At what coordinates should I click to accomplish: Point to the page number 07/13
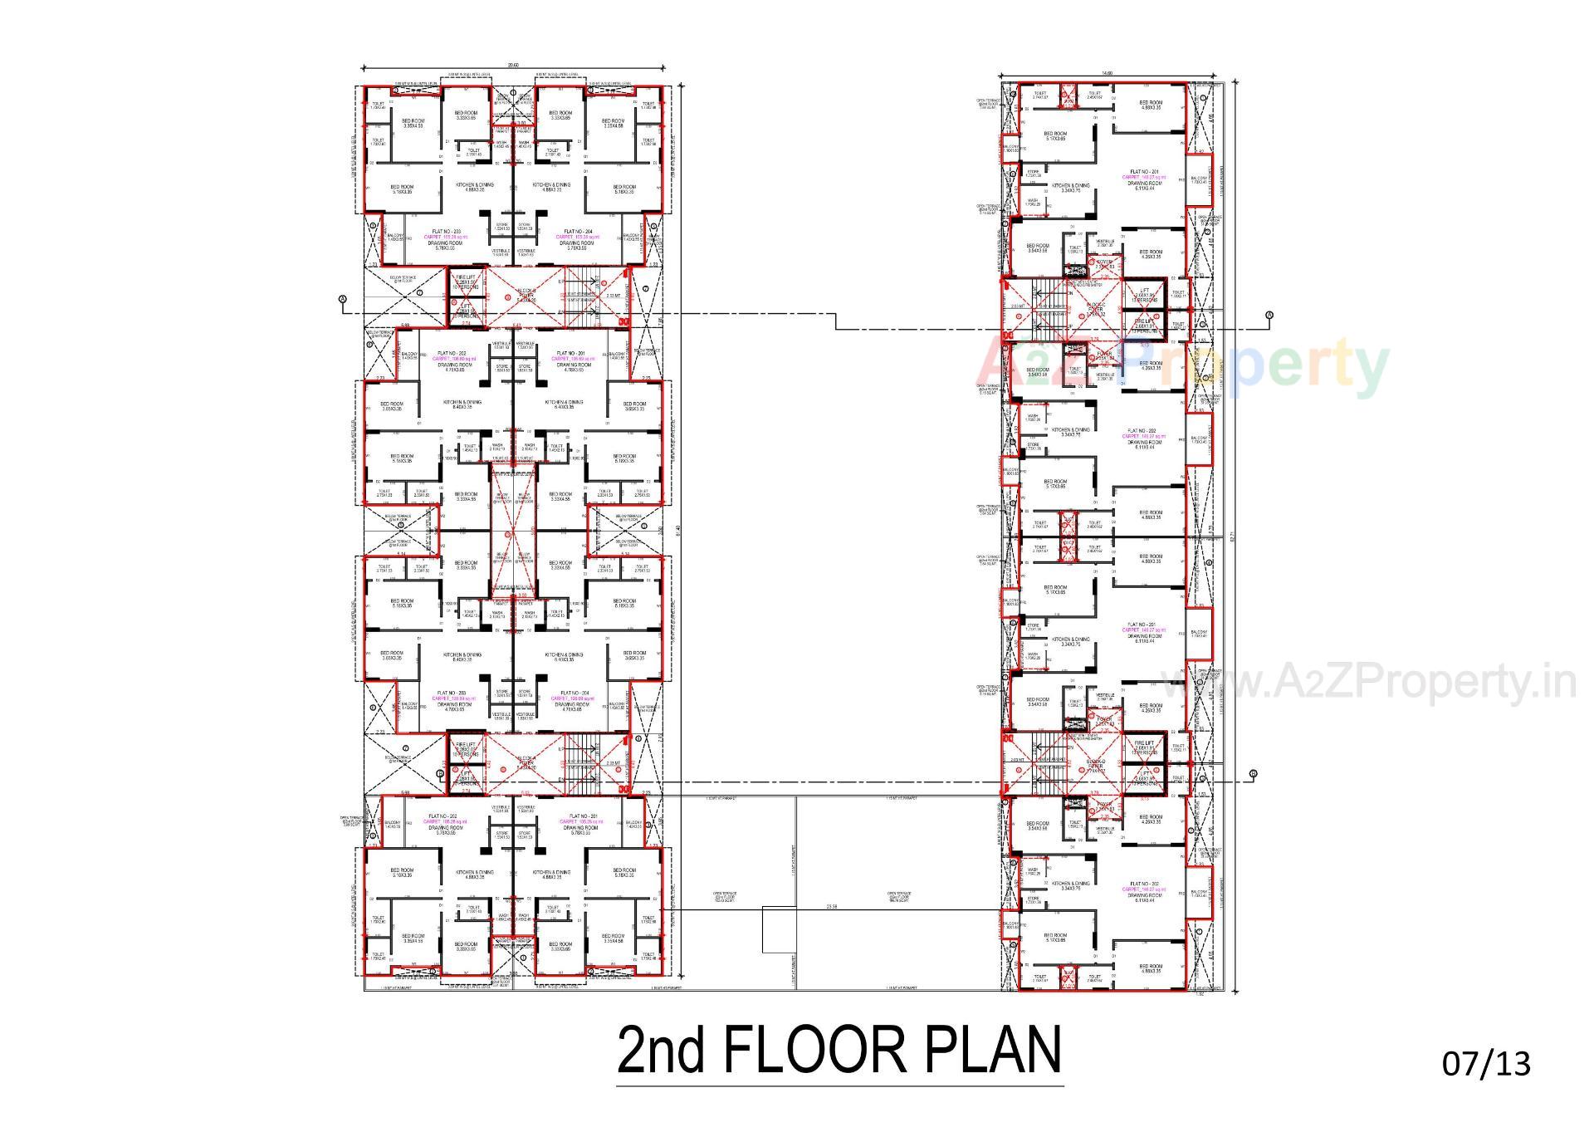click(1486, 1064)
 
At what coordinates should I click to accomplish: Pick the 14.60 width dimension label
click(1106, 74)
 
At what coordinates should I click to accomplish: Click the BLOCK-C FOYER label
click(1096, 309)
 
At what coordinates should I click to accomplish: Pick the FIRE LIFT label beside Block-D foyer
click(1144, 744)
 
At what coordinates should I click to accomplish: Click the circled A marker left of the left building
click(342, 299)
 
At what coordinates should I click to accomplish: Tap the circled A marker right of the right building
click(1269, 315)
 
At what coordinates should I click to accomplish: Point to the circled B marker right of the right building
click(1253, 774)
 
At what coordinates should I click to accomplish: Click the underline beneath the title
click(840, 1085)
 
